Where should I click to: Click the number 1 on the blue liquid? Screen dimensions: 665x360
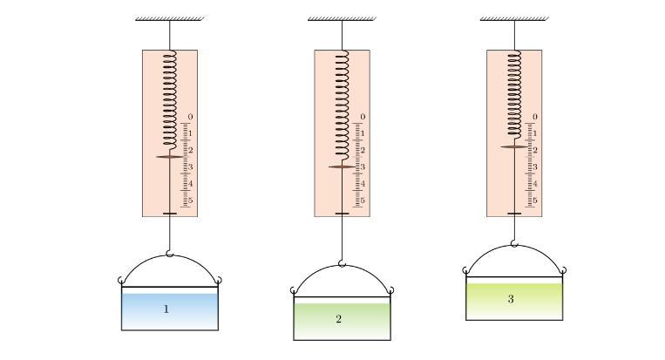(x=166, y=309)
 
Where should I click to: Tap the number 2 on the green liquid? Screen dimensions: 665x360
(x=338, y=319)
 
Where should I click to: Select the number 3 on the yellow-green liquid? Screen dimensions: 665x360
(x=511, y=299)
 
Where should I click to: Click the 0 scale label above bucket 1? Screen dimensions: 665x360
(x=190, y=117)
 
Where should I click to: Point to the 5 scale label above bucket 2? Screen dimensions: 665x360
(x=363, y=200)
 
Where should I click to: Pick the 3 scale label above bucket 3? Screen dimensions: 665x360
(x=535, y=167)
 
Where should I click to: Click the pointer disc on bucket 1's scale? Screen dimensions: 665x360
(x=170, y=157)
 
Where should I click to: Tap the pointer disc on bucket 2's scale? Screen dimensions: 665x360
(x=343, y=167)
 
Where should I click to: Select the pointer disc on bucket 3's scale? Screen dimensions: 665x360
(x=514, y=146)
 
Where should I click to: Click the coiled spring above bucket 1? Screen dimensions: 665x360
(x=170, y=100)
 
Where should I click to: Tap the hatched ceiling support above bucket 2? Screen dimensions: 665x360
(x=343, y=18)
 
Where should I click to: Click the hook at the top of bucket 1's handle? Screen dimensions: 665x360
(x=170, y=254)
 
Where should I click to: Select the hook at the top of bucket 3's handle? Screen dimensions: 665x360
(x=514, y=243)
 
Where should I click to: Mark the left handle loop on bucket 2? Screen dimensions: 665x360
(x=294, y=290)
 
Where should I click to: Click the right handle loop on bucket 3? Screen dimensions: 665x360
(x=563, y=270)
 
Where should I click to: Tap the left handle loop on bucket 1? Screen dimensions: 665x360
(x=121, y=281)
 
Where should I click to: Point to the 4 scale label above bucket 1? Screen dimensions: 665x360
(x=190, y=184)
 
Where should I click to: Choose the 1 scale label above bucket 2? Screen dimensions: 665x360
(x=363, y=133)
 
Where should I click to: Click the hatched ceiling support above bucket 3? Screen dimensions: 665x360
(x=514, y=18)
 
